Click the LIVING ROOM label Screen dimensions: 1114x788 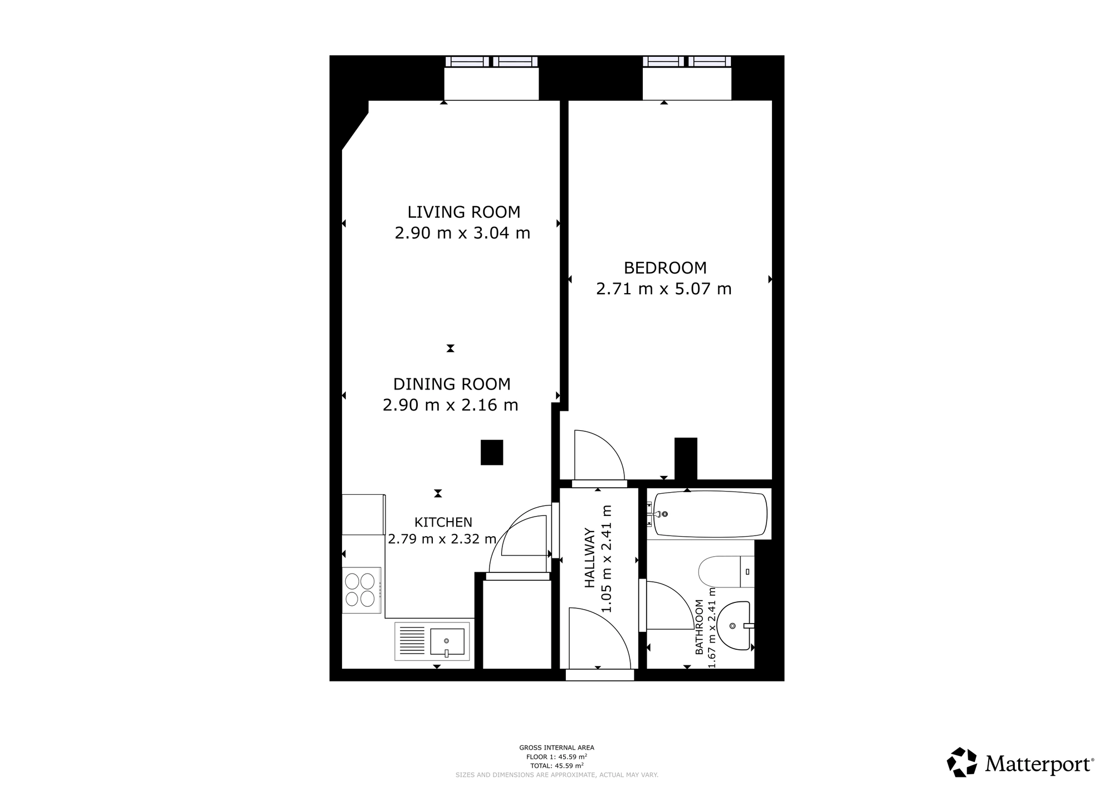tap(464, 212)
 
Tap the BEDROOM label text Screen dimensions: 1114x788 tap(665, 268)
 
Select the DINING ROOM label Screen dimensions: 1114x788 tap(452, 384)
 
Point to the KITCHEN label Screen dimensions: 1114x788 tap(443, 522)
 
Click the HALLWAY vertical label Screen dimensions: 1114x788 tap(590, 558)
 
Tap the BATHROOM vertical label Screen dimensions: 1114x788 tap(699, 627)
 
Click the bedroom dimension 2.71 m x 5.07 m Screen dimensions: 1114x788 tap(664, 289)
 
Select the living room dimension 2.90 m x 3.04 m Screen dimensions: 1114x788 tap(462, 233)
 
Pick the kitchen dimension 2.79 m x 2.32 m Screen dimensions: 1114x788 tap(442, 539)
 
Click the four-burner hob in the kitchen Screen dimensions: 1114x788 tap(361, 590)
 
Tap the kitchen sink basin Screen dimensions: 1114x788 tap(447, 641)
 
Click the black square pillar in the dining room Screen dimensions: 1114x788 tap(492, 453)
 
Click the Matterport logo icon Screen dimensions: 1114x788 tap(962, 762)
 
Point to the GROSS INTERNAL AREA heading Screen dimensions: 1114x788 tap(556, 748)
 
